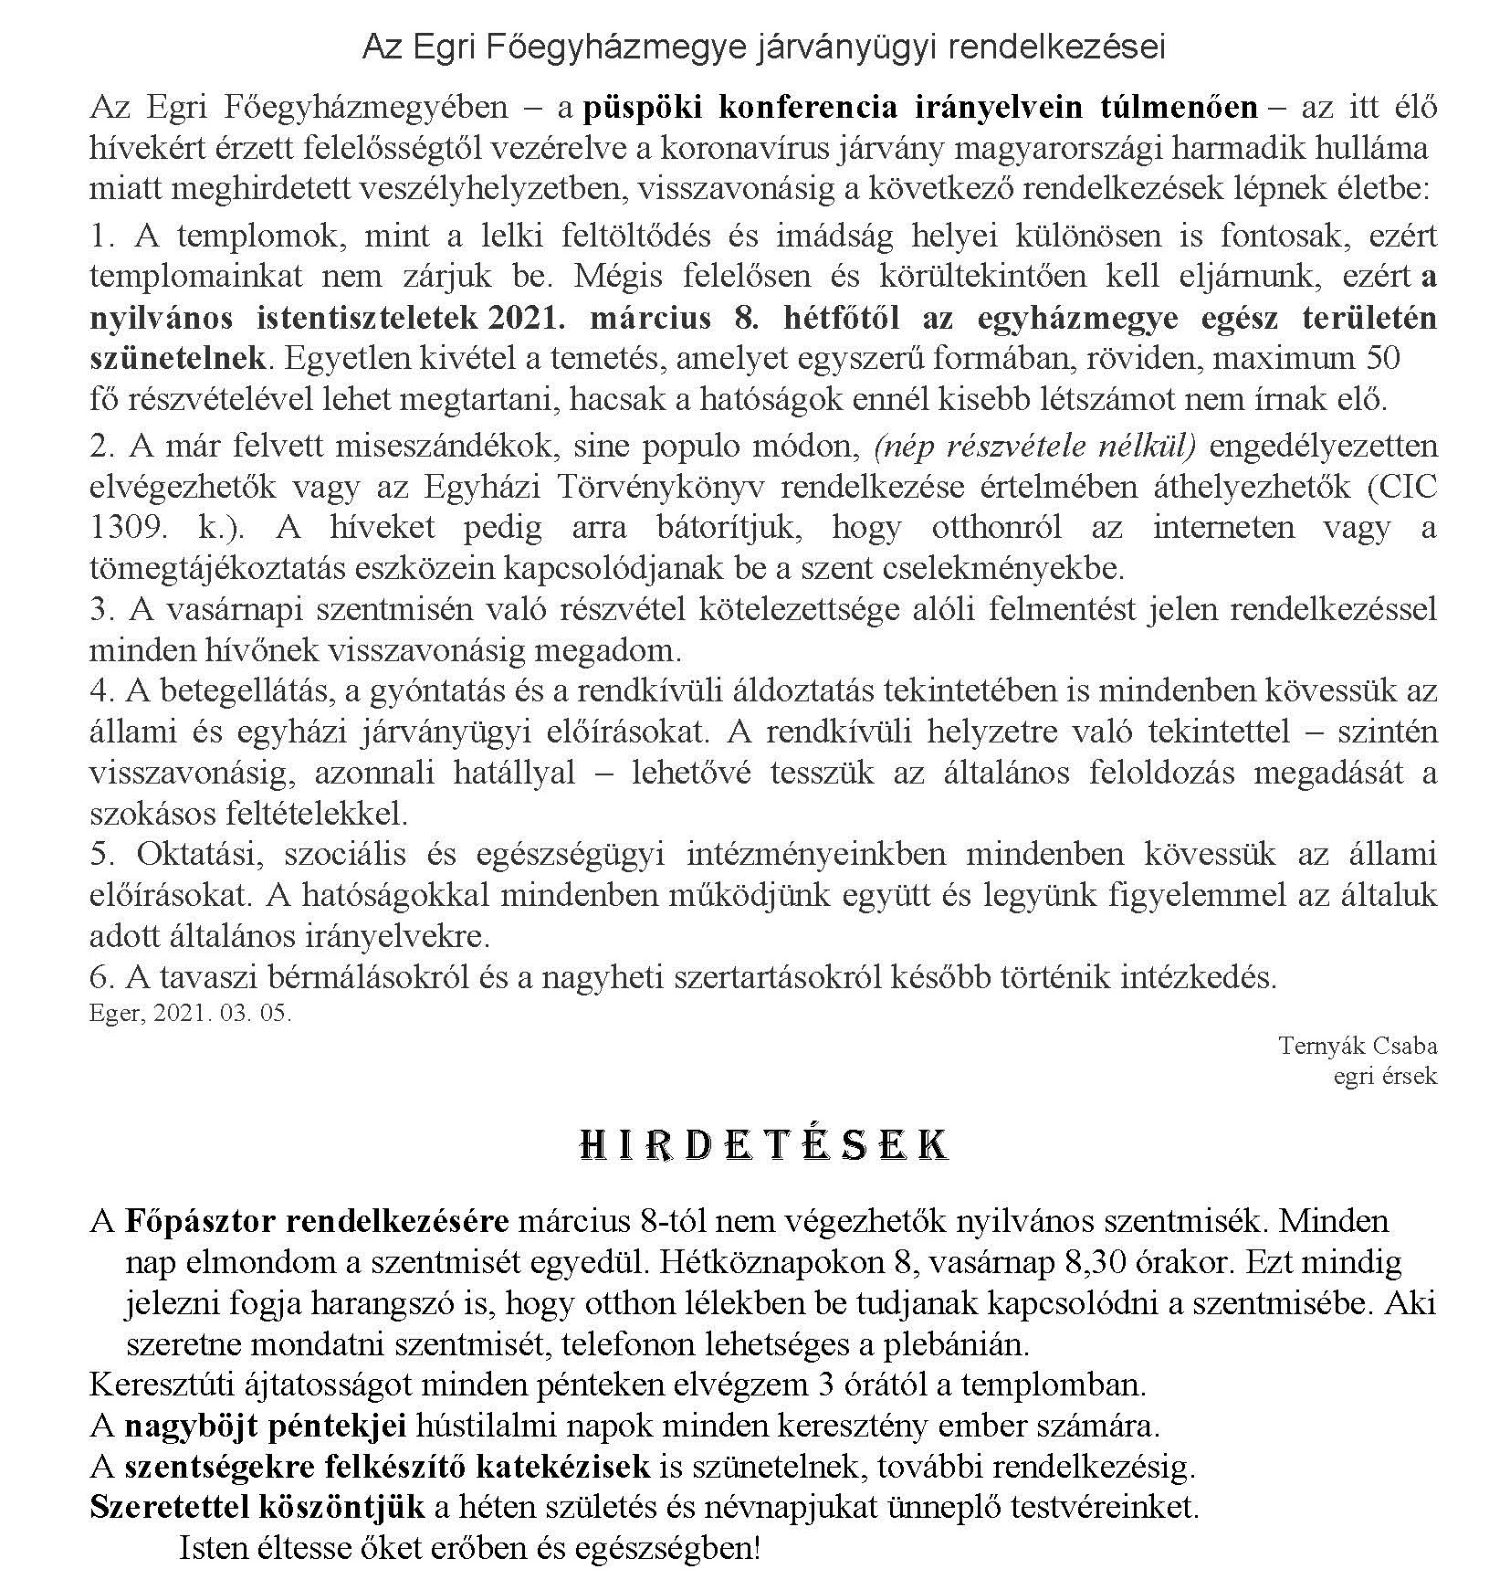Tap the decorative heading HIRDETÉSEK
pos(764,1145)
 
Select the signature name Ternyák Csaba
pos(1358,1045)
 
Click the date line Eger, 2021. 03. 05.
pos(191,1013)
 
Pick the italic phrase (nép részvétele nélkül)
pos(1034,446)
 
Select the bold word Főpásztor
pos(200,1221)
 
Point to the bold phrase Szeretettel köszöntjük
pos(257,1508)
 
